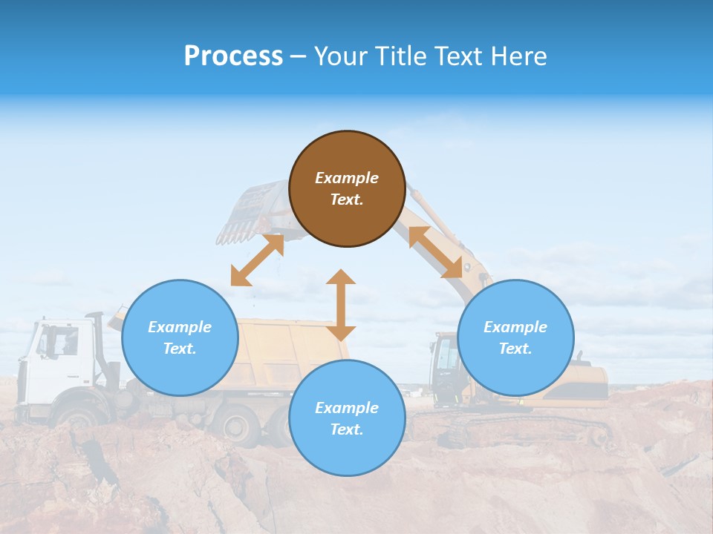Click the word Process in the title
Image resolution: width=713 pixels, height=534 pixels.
[x=233, y=56]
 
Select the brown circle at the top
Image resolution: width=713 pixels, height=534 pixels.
[x=347, y=188]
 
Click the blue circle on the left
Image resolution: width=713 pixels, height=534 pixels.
[x=180, y=337]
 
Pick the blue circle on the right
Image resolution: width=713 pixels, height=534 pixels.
[x=515, y=337]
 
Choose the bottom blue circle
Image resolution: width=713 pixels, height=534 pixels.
[x=347, y=418]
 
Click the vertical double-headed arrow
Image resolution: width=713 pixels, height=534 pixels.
[x=341, y=305]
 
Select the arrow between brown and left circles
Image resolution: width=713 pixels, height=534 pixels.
[x=257, y=260]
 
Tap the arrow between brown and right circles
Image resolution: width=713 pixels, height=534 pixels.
[x=436, y=252]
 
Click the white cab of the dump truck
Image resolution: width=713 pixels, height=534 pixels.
[x=56, y=363]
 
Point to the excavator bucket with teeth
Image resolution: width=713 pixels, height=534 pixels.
[x=253, y=215]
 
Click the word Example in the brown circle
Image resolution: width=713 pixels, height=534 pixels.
[x=347, y=178]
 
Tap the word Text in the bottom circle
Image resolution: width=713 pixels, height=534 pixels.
[x=344, y=429]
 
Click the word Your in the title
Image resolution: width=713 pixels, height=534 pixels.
[x=338, y=56]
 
